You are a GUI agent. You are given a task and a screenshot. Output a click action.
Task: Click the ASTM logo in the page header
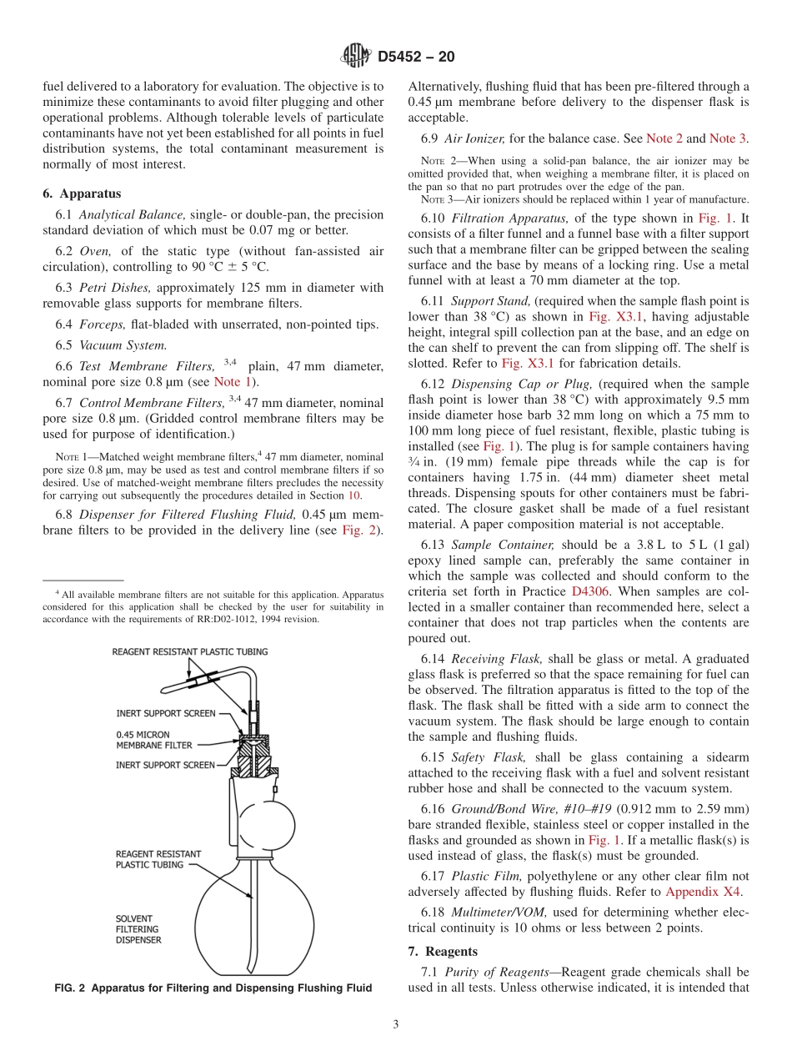(357, 57)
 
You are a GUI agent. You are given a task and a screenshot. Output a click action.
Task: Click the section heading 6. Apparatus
(82, 194)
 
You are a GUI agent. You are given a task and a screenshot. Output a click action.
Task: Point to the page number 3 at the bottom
(395, 1025)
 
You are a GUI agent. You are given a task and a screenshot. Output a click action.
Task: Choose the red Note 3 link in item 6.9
(728, 138)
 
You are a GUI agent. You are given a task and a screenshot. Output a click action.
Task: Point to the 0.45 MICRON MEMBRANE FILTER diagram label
(153, 740)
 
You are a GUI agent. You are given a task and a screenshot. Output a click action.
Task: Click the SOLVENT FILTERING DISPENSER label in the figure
(138, 930)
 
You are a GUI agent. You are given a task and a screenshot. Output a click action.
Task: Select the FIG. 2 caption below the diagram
(213, 988)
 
